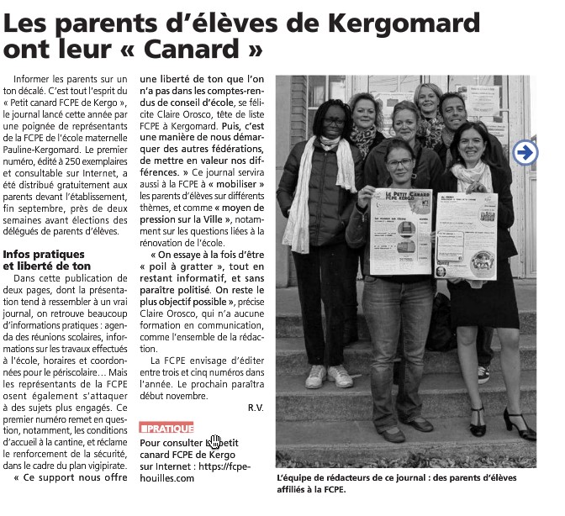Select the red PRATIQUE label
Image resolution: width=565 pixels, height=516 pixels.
(x=166, y=428)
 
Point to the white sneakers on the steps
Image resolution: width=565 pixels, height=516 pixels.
(x=328, y=376)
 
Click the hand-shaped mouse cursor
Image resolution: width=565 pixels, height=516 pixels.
(x=215, y=442)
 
